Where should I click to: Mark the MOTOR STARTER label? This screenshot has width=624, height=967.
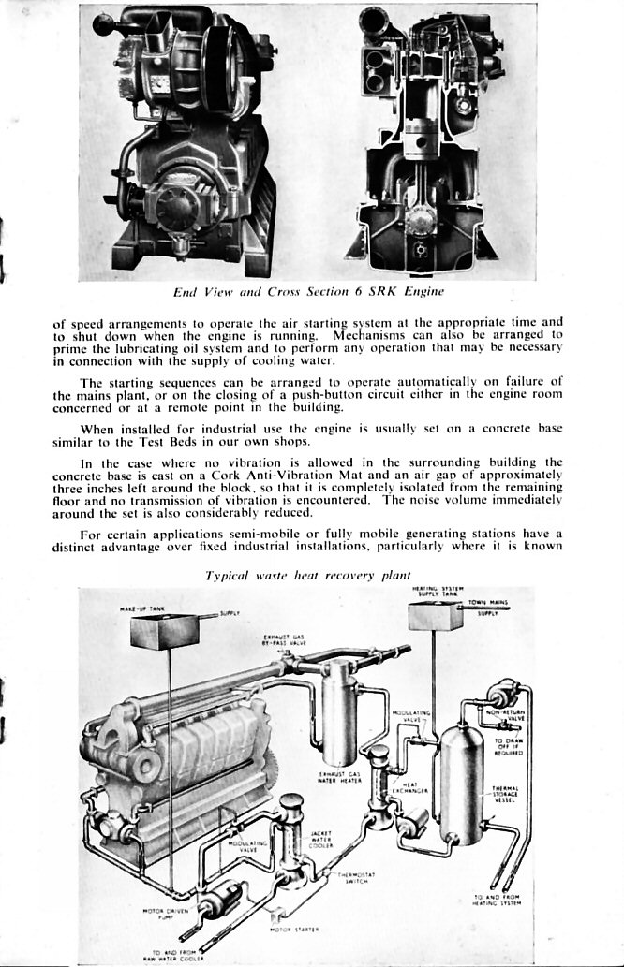294,929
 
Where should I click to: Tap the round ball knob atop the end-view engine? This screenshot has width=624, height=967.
101,21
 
